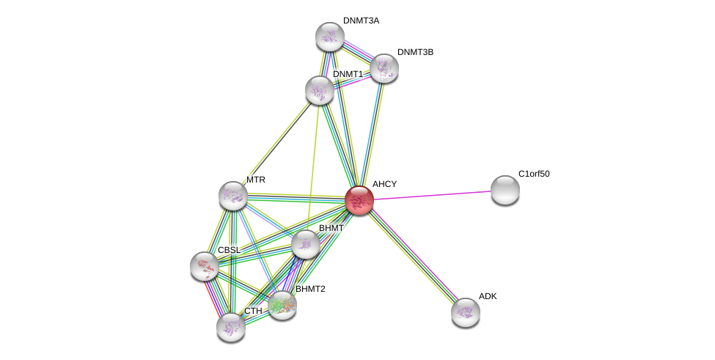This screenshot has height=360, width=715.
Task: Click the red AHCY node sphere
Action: [359, 199]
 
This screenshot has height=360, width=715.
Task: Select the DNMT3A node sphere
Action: [330, 37]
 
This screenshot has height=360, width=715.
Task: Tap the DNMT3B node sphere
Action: [384, 68]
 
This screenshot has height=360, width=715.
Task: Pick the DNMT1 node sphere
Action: [320, 90]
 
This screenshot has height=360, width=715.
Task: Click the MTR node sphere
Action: [233, 196]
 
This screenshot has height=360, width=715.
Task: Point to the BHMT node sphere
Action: [306, 244]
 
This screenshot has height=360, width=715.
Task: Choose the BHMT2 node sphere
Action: [282, 304]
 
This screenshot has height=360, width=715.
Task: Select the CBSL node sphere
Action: [204, 265]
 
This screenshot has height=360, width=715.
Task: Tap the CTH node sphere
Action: [230, 326]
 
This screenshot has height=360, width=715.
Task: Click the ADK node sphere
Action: [465, 312]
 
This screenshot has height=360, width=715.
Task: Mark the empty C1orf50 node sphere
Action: [505, 190]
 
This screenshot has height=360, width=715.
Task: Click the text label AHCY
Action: [384, 184]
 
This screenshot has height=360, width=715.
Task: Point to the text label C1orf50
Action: [533, 174]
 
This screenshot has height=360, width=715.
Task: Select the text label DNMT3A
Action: [361, 21]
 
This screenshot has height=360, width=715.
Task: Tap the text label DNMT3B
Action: [416, 52]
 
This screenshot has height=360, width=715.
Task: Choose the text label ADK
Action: [488, 296]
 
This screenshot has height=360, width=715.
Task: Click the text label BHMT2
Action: [310, 289]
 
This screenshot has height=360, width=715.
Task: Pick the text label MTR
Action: [256, 180]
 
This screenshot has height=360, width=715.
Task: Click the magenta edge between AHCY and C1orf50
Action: [433, 195]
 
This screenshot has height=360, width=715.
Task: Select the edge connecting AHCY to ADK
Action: [412, 255]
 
